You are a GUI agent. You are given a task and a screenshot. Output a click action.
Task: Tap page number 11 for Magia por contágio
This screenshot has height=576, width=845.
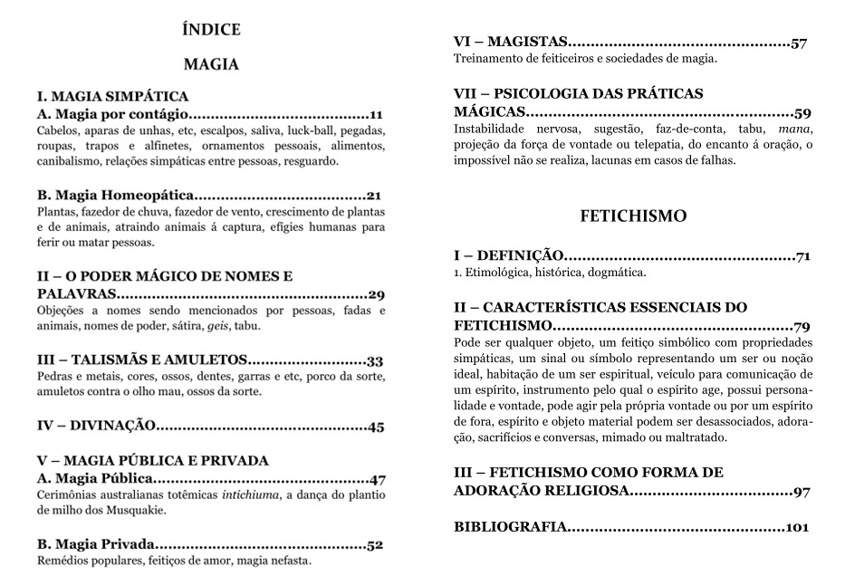pyautogui.click(x=377, y=114)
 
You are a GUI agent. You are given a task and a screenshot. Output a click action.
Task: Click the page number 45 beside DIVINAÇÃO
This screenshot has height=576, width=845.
pyautogui.click(x=376, y=426)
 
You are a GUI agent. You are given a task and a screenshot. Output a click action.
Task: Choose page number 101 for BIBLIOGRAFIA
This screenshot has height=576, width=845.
pyautogui.click(x=796, y=527)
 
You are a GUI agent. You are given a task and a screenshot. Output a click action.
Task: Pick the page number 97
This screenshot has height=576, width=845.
pyautogui.click(x=800, y=492)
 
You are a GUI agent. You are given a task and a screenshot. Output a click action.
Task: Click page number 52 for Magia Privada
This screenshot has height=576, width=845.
pyautogui.click(x=375, y=545)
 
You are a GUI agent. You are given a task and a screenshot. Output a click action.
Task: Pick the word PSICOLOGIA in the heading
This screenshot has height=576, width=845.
pyautogui.click(x=561, y=93)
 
